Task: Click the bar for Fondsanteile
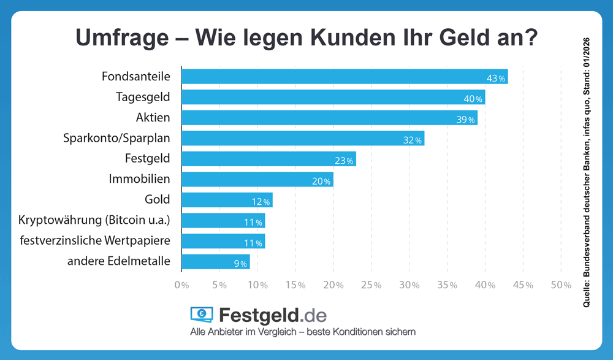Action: pyautogui.click(x=344, y=77)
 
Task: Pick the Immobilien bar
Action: pyautogui.click(x=257, y=180)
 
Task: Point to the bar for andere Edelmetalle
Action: pyautogui.click(x=215, y=262)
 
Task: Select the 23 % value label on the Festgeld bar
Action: pyautogui.click(x=345, y=161)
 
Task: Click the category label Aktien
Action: pyautogui.click(x=153, y=117)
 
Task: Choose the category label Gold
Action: pyautogui.click(x=158, y=199)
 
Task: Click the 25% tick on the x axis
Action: pyautogui.click(x=371, y=285)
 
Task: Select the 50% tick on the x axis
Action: pyautogui.click(x=561, y=285)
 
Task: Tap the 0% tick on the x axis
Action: pyautogui.click(x=181, y=285)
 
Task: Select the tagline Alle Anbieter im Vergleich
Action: pyautogui.click(x=245, y=332)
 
